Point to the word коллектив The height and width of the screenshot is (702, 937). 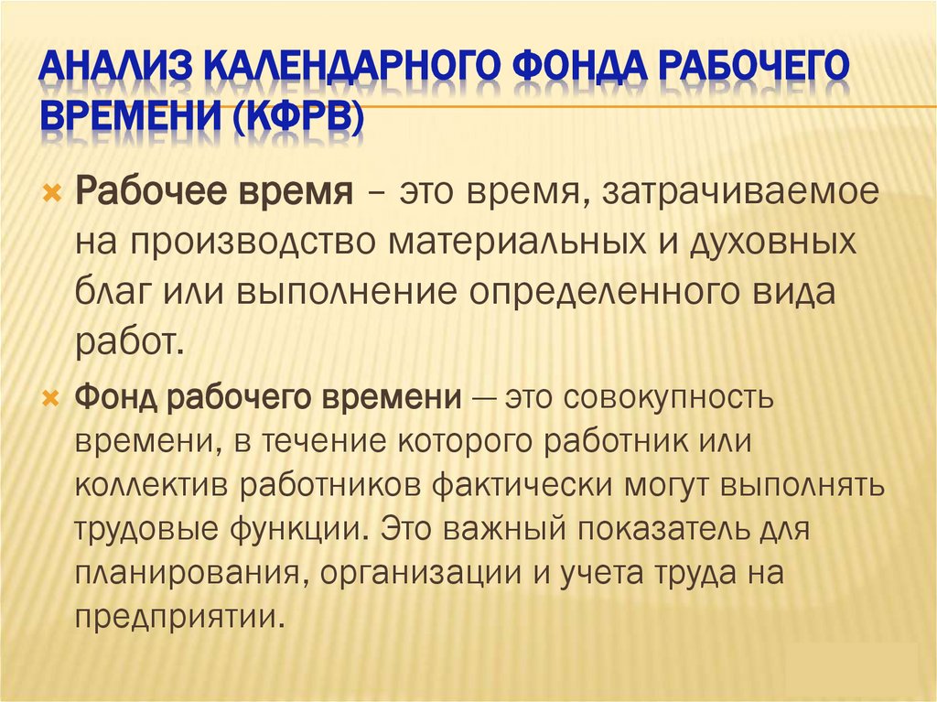pos(151,485)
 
